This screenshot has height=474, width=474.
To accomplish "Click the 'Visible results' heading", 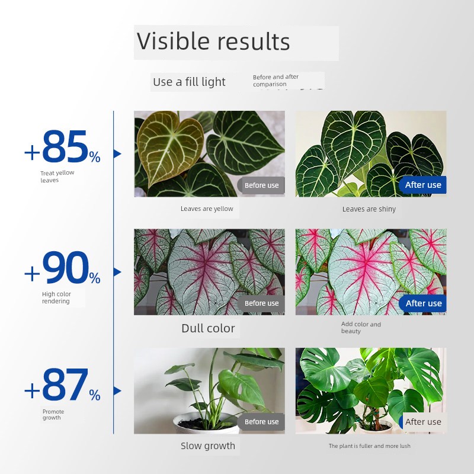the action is coord(213,41).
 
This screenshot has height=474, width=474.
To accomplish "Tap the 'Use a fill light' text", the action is coord(189,82).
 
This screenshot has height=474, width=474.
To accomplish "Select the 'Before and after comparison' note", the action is coord(276,81).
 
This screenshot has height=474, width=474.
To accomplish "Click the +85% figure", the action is coord(62,146).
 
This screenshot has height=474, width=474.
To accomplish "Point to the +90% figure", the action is coord(62,268).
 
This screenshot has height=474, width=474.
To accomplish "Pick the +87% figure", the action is coord(62,385).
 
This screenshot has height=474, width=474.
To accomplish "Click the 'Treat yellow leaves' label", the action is coord(57,176).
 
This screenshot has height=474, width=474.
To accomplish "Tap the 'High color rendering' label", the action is coord(56,297).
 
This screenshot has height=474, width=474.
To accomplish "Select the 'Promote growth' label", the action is coord(53,414).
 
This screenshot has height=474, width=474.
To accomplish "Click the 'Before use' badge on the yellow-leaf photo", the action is coord(261,185).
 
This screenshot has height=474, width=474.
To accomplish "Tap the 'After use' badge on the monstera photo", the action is coord(422,422).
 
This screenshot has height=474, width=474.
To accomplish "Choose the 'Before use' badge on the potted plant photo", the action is coord(261,422).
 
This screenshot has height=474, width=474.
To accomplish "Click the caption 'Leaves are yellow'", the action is coord(207,209).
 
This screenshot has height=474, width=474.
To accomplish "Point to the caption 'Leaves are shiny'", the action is coord(369,209).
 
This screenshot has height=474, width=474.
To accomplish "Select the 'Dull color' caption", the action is coord(208,328).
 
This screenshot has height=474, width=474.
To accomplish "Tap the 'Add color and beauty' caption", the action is coord(361,328).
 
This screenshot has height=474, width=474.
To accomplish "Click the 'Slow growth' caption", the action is coord(208,446).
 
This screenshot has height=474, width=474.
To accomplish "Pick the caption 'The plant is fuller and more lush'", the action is coord(369,446).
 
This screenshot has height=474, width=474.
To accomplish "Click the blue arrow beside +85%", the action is coord(117,154).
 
